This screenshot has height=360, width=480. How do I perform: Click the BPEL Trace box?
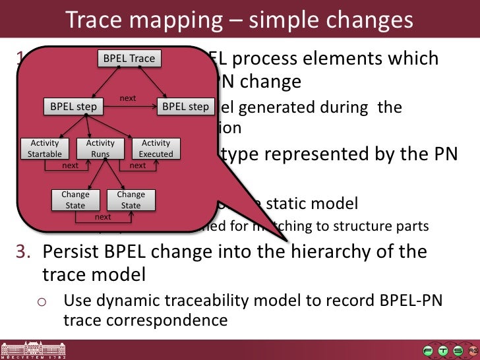(x=129, y=59)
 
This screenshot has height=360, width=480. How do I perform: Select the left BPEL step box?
(x=73, y=106)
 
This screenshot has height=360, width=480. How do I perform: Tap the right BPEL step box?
(x=185, y=106)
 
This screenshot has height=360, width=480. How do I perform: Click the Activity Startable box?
(x=45, y=148)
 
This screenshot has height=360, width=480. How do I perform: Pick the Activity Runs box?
(x=100, y=148)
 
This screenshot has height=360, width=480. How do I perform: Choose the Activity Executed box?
(x=156, y=148)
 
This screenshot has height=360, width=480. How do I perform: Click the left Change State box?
(x=75, y=200)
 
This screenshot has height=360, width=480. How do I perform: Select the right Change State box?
(x=131, y=200)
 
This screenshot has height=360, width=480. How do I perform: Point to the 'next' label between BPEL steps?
(x=128, y=98)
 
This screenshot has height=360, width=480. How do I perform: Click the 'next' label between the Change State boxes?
(x=103, y=216)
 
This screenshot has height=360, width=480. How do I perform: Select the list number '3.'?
(x=25, y=252)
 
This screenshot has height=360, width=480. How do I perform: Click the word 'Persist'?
(x=70, y=252)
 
